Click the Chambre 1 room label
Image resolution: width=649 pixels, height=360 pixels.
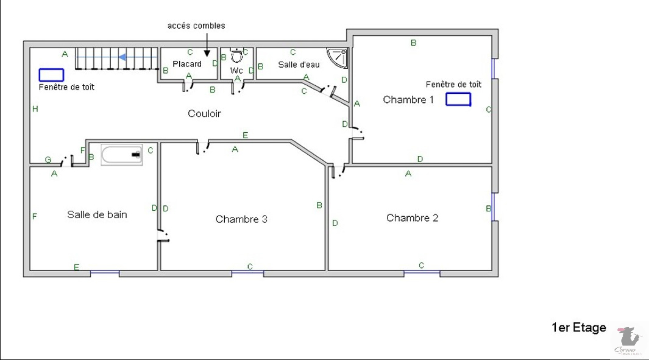click(x=408, y=100)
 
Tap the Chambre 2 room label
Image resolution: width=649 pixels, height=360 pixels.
click(x=412, y=218)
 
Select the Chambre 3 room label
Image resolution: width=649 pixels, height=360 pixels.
click(x=241, y=219)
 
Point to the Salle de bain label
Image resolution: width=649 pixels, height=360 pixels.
click(x=97, y=215)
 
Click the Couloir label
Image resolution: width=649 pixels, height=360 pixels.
click(x=204, y=114)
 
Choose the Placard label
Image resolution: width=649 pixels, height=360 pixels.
click(x=187, y=64)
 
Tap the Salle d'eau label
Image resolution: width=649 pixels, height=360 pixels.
click(x=299, y=65)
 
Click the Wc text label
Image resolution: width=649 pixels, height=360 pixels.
click(x=236, y=71)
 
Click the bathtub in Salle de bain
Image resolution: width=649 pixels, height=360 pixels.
click(x=122, y=155)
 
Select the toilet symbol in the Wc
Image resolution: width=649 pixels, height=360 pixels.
click(x=237, y=56)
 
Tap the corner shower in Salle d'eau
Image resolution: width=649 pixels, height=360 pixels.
click(x=339, y=57)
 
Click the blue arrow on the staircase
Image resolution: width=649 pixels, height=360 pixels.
click(x=122, y=57)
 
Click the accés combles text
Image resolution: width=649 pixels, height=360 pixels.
click(x=196, y=26)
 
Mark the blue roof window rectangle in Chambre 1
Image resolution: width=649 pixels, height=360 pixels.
click(x=458, y=99)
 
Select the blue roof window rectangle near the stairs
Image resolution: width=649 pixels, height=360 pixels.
click(x=51, y=75)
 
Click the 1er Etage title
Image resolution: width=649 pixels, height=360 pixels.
click(x=579, y=328)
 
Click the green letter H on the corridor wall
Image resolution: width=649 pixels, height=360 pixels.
click(x=35, y=109)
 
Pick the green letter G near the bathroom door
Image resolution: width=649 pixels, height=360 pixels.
click(x=48, y=160)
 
